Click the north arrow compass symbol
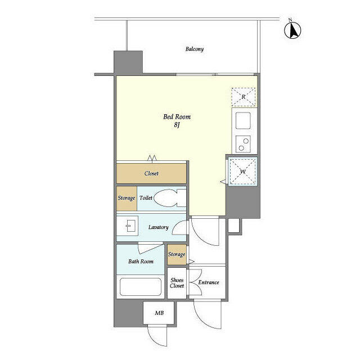coord(292,30)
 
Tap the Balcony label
coord(195,49)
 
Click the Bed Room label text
coord(177,117)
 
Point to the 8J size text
coord(176,125)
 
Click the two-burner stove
coord(244,145)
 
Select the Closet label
coord(151,174)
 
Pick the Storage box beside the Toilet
coord(126,199)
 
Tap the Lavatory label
coord(158,227)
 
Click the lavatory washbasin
coord(128,227)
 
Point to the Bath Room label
coord(141,262)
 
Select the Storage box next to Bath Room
coord(177,254)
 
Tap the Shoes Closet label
coord(177,282)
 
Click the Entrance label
coord(208,282)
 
